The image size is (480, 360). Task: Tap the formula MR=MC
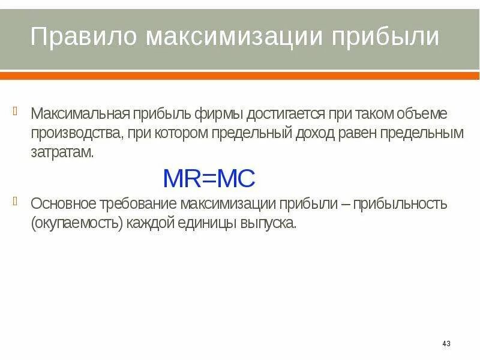209,178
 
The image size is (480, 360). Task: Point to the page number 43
446,344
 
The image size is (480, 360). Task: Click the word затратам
62,152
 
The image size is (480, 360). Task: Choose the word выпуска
272,223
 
